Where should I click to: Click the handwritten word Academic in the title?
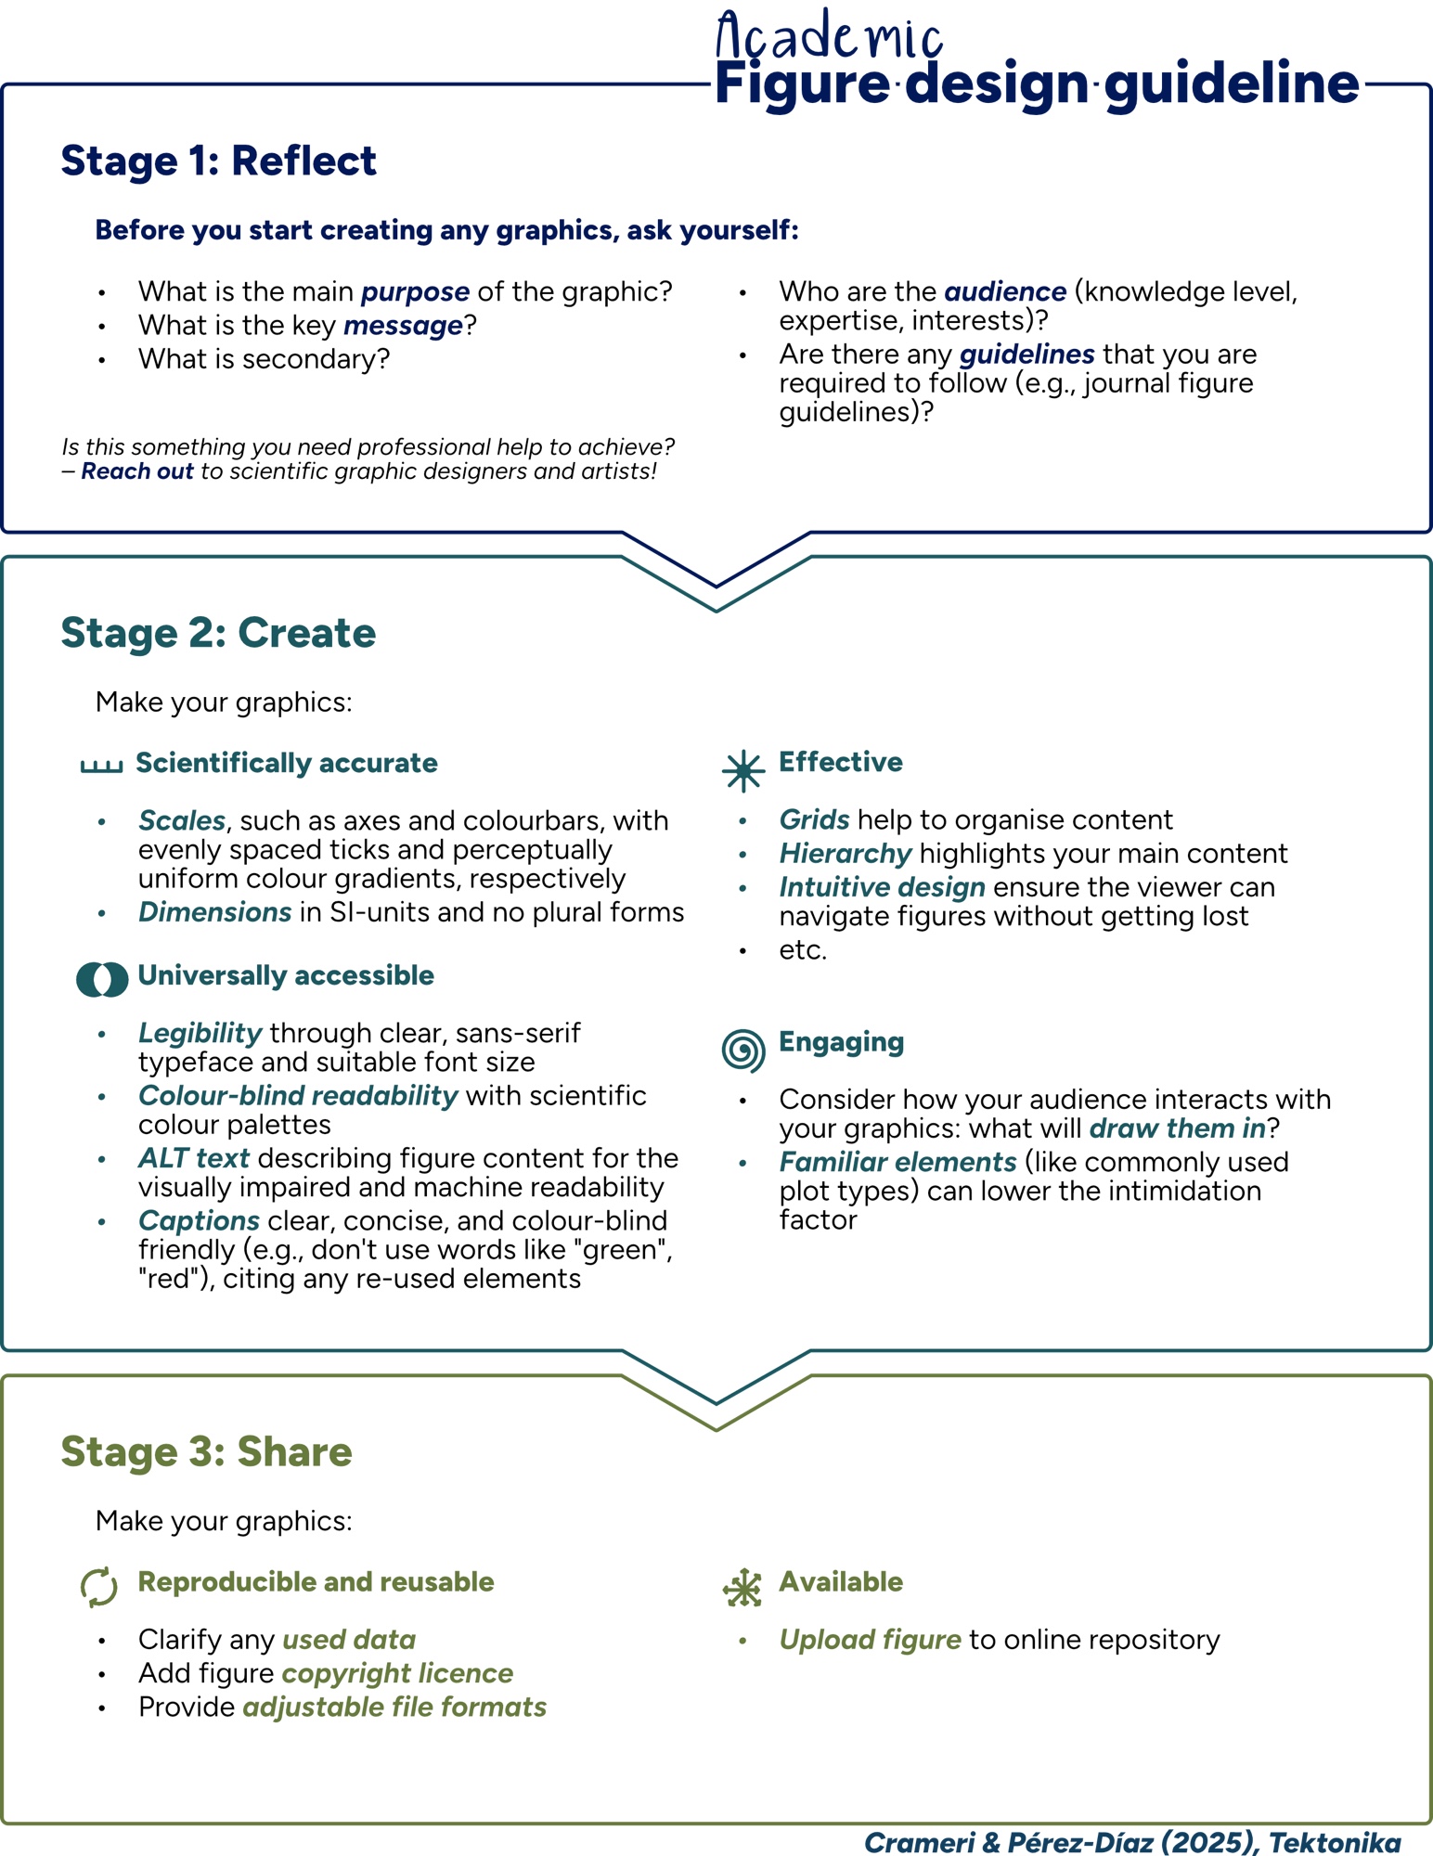(x=829, y=38)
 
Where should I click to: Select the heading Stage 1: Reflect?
(x=218, y=161)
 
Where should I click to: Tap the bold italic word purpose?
(x=415, y=292)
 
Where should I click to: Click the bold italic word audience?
(x=1005, y=292)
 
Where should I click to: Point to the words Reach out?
(x=137, y=471)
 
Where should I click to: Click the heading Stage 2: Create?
(x=218, y=633)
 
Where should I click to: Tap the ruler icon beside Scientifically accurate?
(x=102, y=766)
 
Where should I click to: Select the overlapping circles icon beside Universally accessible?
(x=102, y=979)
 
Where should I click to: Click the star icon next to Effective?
(x=743, y=771)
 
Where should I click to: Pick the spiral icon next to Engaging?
(x=743, y=1050)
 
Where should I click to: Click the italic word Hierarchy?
(x=846, y=854)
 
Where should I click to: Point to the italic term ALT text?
(x=194, y=1158)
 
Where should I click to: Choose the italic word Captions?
(x=199, y=1220)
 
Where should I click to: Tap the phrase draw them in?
(x=1177, y=1128)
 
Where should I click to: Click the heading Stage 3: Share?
(x=206, y=1451)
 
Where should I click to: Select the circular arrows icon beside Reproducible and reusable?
(x=99, y=1587)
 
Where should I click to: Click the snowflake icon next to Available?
(x=742, y=1588)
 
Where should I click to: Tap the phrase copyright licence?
(x=397, y=1673)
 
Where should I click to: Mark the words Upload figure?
(x=870, y=1640)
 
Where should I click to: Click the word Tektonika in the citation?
(x=1335, y=1842)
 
